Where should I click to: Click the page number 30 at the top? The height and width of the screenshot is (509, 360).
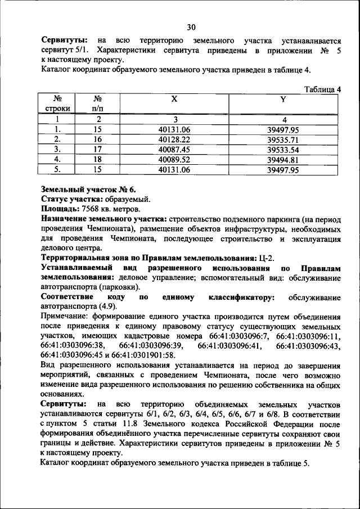pos(191,27)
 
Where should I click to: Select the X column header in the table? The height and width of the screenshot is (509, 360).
pos(175,99)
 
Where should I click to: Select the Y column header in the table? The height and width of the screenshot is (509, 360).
pos(283,99)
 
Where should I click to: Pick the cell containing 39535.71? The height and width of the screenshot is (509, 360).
pos(283,139)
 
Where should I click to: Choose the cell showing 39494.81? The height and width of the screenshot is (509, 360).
pos(283,159)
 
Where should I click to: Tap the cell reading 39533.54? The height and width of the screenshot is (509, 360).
pos(283,149)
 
